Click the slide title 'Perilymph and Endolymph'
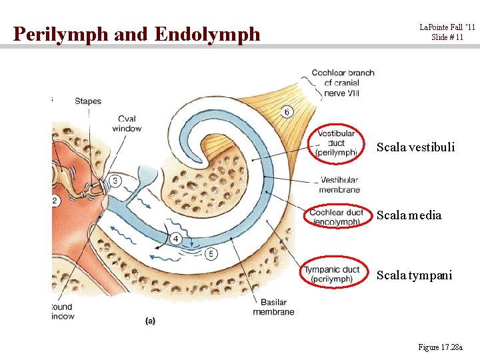tap(137, 33)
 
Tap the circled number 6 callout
tap(287, 111)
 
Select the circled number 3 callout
tap(115, 181)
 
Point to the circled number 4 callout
tap(176, 238)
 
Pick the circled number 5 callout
tap(211, 253)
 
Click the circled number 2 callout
tap(55, 201)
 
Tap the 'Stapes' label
tap(87, 101)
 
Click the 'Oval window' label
tap(127, 124)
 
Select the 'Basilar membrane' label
tap(273, 307)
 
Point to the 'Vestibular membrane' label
tap(339, 185)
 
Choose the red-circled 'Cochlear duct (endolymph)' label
tap(337, 217)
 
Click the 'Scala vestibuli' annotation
tap(415, 147)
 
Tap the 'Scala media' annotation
tap(409, 215)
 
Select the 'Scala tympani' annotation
tap(414, 275)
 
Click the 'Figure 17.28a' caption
tap(443, 347)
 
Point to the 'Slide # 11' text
tap(447, 37)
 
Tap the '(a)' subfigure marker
tap(151, 321)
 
